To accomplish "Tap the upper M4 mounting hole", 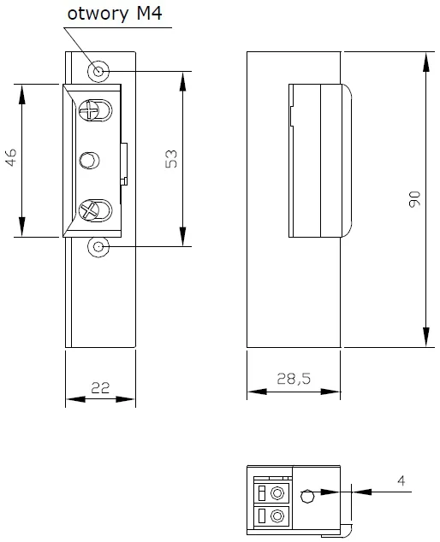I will (100, 71).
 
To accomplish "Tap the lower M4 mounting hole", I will (100, 247).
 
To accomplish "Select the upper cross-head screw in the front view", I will (92, 110).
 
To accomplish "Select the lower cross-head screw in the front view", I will (92, 209).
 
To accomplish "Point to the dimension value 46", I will (11, 159).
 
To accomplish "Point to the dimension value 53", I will (170, 159).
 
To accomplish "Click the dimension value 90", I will (414, 199).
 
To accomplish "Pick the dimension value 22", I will (100, 388).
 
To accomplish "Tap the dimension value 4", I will (401, 481).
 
